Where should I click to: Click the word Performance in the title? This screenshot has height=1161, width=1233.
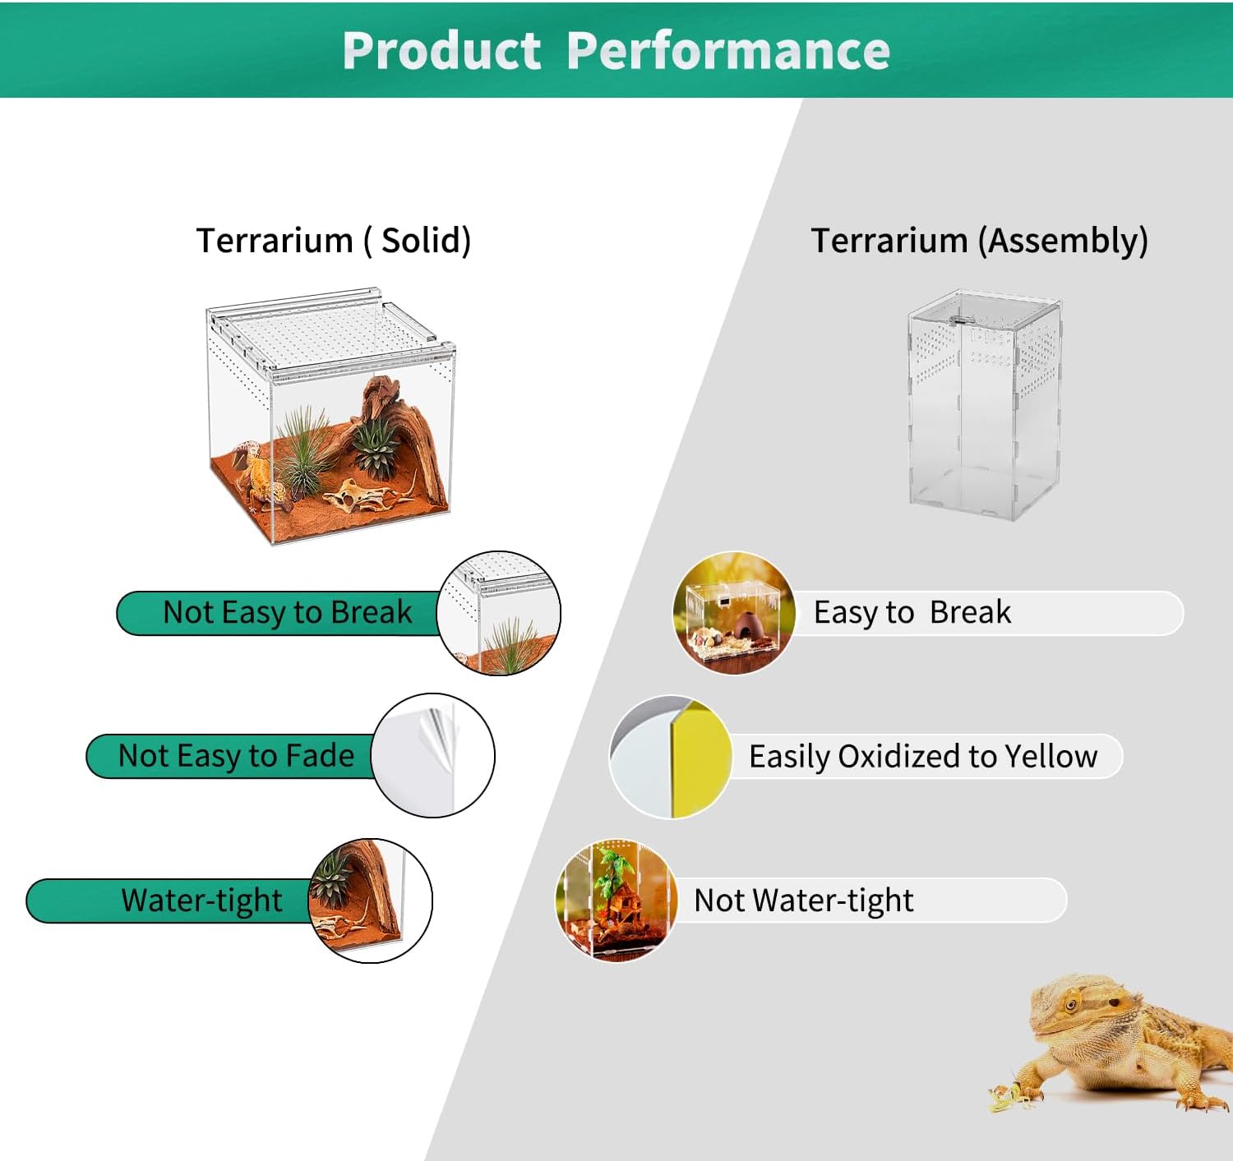[x=728, y=51]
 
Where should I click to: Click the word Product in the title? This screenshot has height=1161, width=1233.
[x=441, y=50]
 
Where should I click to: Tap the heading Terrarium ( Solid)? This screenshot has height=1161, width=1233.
[x=334, y=240]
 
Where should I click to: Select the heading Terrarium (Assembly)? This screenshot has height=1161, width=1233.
[x=979, y=240]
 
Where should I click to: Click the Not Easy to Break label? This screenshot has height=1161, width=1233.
[x=288, y=613]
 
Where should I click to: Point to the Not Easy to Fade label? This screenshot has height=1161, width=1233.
[x=237, y=756]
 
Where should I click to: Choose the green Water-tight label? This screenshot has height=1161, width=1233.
[x=201, y=901]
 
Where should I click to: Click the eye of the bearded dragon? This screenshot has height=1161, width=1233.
[x=1070, y=1005]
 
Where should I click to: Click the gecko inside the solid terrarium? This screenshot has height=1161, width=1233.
[x=264, y=476]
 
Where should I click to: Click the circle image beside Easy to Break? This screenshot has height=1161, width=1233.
[x=735, y=613]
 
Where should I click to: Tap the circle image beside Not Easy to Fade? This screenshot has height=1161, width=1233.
[x=432, y=756]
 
